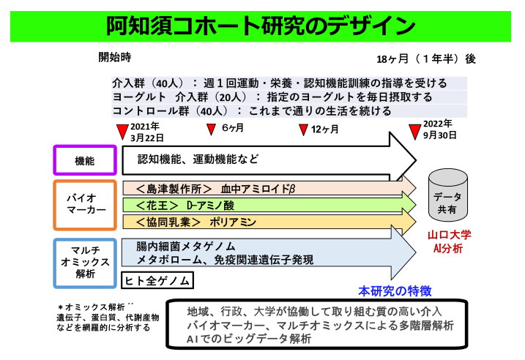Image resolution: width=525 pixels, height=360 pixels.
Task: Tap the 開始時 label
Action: pos(115,56)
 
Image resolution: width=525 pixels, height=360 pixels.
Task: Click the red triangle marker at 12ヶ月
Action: pos(302,130)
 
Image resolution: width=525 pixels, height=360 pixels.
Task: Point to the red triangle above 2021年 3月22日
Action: pos(122,132)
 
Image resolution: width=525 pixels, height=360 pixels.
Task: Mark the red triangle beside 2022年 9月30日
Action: pos(414,130)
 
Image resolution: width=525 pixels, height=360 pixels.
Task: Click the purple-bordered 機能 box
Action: pos(85,160)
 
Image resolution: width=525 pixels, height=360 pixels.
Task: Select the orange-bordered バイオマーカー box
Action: pos(85,204)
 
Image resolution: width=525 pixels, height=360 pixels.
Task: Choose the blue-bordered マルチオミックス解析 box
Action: pos(85,262)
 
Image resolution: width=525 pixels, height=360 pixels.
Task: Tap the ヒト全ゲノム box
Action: pos(157,280)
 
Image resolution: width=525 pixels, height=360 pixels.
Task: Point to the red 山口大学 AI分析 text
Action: pos(450,241)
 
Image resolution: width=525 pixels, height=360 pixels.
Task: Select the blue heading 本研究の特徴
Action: pos(395,290)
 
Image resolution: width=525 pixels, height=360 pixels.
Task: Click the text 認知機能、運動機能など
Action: pos(198,158)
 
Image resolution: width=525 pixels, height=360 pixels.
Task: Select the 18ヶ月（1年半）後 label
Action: pos(425,59)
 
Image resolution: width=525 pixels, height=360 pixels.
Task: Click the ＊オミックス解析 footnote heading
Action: pos(93,307)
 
